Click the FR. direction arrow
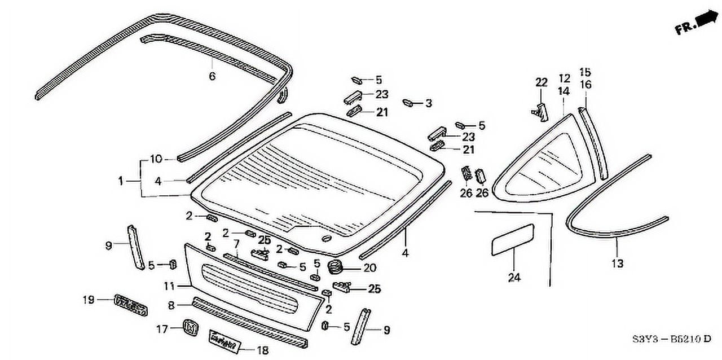pos(705,19)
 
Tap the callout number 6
pos(212,76)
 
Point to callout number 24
pos(514,277)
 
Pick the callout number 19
pos(88,300)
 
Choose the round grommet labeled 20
pos(336,267)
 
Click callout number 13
pos(617,263)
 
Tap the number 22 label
pos(541,82)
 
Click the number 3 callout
pos(429,103)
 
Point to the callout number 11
pos(170,286)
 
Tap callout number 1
pos(120,181)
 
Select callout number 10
pos(156,159)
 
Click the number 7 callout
pos(237,244)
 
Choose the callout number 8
pos(171,305)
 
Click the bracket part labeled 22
pos(540,112)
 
